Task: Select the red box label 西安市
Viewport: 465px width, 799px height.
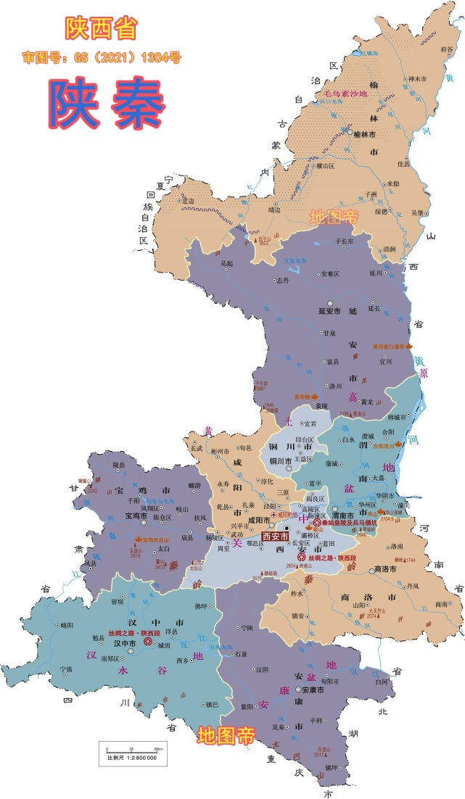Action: (x=275, y=537)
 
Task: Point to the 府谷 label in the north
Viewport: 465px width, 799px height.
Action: (x=446, y=50)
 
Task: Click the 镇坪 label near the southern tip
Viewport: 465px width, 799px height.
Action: (x=332, y=767)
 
